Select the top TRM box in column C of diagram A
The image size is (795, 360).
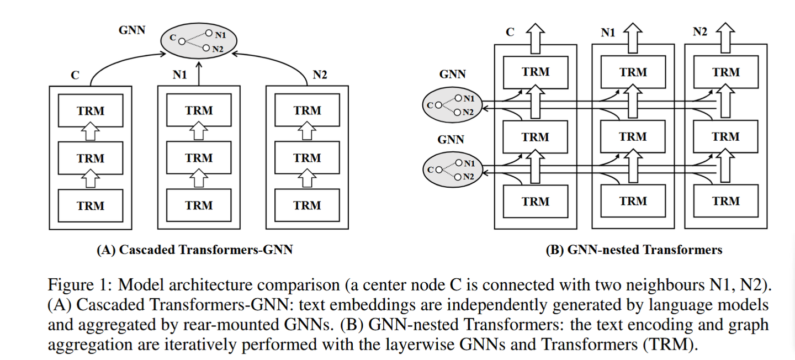tap(91, 111)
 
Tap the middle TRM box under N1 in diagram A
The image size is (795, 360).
tap(199, 158)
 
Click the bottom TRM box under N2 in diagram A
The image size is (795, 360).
tap(307, 205)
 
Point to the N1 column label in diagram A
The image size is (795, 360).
tap(179, 75)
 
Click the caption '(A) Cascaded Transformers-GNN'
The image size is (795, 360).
tap(195, 250)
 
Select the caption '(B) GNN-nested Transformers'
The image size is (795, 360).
tap(634, 250)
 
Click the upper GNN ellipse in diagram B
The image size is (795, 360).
tap(452, 104)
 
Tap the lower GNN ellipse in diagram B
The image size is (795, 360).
tap(452, 170)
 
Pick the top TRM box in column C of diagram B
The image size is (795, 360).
tap(536, 72)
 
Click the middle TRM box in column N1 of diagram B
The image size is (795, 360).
tap(633, 136)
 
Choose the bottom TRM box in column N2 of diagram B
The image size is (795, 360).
tap(725, 201)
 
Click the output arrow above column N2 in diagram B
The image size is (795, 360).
tap(725, 34)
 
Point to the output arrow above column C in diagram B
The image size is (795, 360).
tap(536, 34)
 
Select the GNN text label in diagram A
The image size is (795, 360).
tap(132, 30)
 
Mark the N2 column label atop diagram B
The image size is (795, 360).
tap(699, 32)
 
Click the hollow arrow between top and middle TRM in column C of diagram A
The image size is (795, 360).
tap(91, 133)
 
